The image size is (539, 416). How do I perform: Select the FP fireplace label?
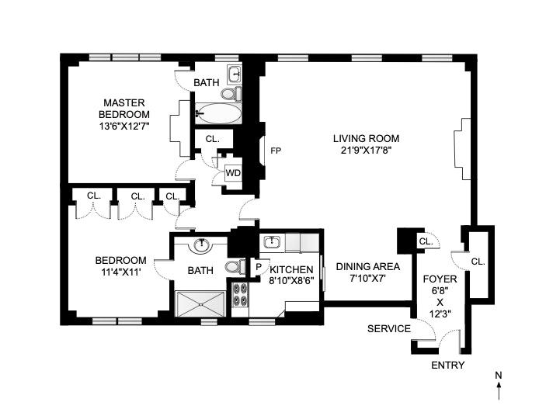tap(275, 151)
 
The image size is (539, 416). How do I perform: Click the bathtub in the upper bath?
tap(217, 114)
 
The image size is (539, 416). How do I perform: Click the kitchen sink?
tap(272, 242)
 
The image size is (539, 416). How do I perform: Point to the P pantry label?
tap(259, 267)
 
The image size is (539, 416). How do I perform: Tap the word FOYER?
tap(440, 278)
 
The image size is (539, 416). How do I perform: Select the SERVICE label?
tap(389, 328)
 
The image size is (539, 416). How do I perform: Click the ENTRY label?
tap(447, 365)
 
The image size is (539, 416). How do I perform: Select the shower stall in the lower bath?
tap(200, 303)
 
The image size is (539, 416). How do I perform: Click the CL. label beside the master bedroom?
tap(212, 139)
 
